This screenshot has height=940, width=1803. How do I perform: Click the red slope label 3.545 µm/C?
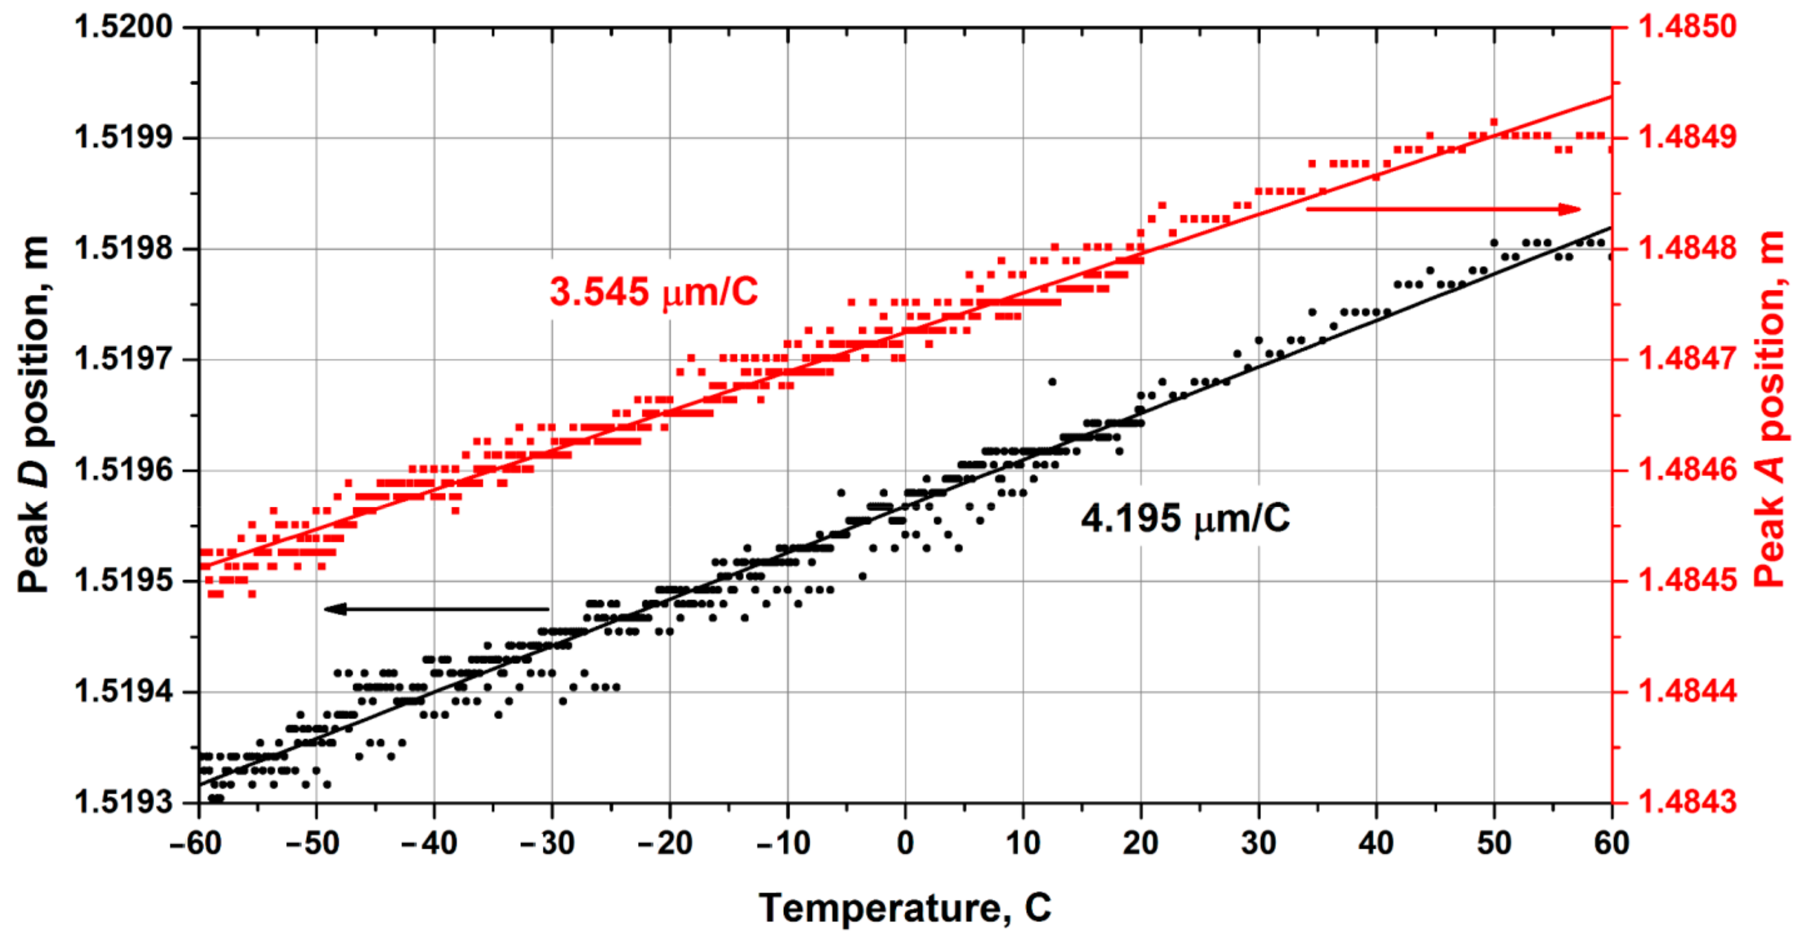click(653, 292)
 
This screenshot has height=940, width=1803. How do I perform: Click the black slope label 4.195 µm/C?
click(1184, 519)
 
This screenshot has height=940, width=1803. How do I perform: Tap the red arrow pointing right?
click(1442, 209)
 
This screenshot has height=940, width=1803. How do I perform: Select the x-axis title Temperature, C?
click(904, 908)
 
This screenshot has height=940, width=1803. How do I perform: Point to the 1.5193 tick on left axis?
click(123, 802)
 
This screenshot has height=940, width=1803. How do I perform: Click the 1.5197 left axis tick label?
click(123, 360)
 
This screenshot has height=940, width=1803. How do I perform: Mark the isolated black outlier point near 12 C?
click(1052, 382)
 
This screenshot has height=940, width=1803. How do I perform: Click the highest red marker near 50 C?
click(1494, 122)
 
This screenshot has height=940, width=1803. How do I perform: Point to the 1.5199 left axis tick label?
click(123, 138)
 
